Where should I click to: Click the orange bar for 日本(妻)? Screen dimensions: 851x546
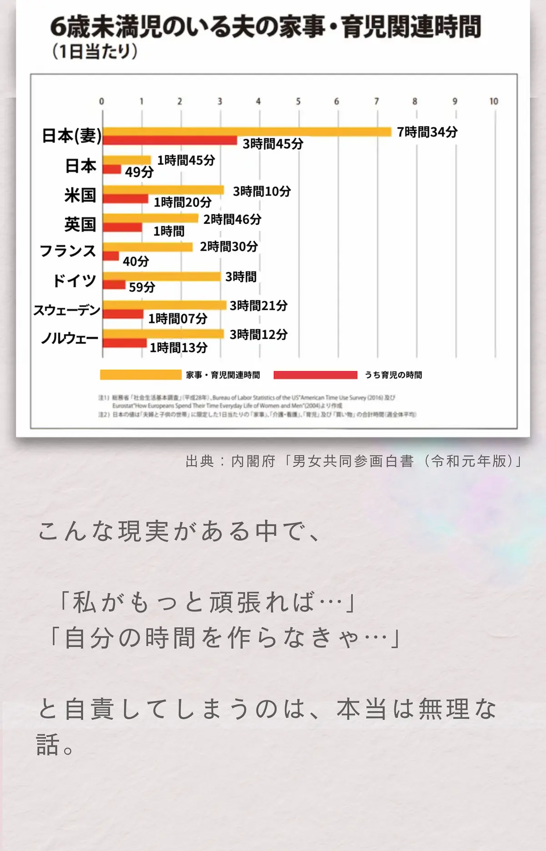[247, 132]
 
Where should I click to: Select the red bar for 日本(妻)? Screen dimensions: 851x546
[170, 141]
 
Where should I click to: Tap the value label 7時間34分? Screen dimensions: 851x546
[427, 132]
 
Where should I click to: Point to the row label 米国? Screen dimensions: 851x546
[80, 195]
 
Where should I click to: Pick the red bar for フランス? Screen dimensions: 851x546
[111, 256]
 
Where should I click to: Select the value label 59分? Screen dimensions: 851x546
[142, 287]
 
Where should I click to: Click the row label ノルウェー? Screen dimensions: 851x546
[70, 338]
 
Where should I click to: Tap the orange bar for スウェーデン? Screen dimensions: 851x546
[164, 305]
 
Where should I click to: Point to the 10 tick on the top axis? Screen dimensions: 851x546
[494, 101]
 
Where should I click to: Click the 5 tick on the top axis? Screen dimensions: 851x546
[298, 101]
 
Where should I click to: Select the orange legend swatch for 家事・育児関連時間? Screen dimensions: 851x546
[141, 375]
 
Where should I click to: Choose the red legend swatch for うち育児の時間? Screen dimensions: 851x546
[315, 375]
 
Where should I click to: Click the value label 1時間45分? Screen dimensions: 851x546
[186, 160]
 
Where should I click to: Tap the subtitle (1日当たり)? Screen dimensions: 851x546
[94, 51]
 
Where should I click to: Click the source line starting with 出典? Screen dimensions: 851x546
[354, 461]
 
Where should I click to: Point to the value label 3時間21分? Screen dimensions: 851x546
[258, 306]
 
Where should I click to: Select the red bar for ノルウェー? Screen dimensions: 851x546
[125, 343]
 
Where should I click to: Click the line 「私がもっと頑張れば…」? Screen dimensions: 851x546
[207, 602]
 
